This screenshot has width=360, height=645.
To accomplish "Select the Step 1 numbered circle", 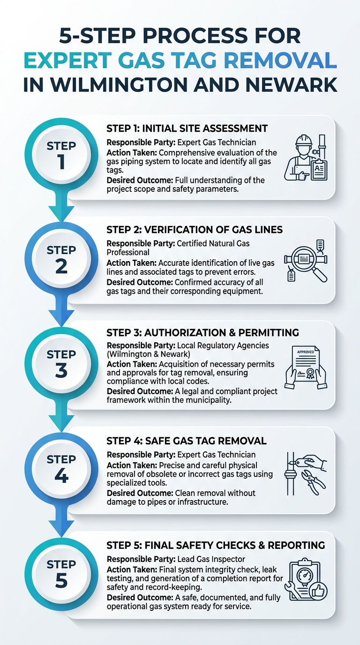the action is click(x=61, y=155).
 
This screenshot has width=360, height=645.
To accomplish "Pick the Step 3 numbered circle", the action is click(x=61, y=363).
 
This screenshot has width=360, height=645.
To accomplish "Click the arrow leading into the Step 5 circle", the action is click(x=61, y=521).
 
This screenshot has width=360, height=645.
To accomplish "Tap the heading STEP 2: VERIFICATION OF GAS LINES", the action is click(x=195, y=230).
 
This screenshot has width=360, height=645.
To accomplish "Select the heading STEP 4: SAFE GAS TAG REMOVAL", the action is click(x=187, y=441).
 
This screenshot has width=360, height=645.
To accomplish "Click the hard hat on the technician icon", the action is click(x=304, y=140).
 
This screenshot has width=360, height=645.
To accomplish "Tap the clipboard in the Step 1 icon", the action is click(x=319, y=169).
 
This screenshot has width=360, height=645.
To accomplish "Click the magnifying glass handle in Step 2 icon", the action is click(x=320, y=274).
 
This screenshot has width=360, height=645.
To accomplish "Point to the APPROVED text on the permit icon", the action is click(x=305, y=352).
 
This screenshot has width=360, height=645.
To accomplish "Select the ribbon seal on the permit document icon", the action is click(x=310, y=373).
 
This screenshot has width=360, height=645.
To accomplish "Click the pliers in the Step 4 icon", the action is click(x=313, y=482).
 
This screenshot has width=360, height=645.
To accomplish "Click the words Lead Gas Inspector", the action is click(x=211, y=559).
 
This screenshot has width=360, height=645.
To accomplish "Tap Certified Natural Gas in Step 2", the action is click(x=213, y=243).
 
